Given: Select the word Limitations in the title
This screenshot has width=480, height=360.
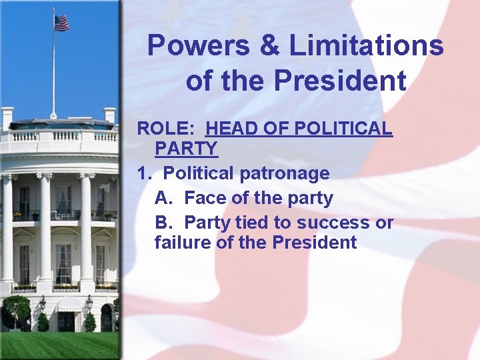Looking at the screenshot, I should [x=366, y=46].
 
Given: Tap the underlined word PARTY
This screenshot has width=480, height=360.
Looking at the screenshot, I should [x=186, y=148].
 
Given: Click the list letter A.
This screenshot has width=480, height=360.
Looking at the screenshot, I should [x=163, y=198].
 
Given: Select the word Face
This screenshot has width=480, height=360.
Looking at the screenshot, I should [x=203, y=198].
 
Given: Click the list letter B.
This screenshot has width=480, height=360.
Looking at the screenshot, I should [x=163, y=222].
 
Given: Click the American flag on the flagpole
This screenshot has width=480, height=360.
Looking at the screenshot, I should [x=61, y=23].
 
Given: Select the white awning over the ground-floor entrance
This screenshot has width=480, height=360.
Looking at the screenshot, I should [x=68, y=305].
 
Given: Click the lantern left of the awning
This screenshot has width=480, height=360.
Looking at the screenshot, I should [x=42, y=303].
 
